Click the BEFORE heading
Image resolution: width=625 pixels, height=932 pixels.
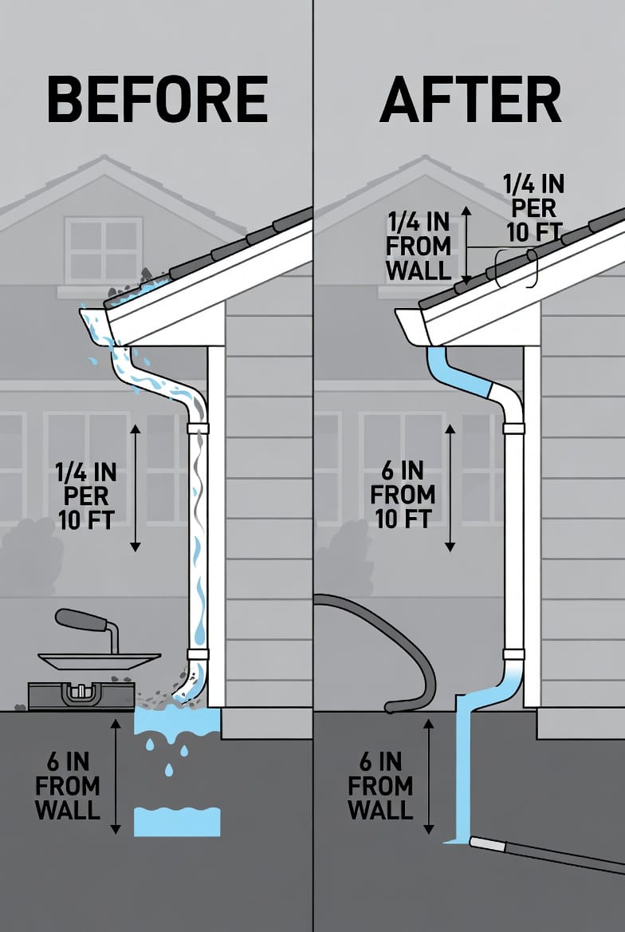click(x=157, y=101)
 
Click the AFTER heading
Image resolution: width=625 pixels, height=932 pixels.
click(x=470, y=101)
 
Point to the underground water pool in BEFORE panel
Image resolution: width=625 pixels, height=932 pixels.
click(x=177, y=821)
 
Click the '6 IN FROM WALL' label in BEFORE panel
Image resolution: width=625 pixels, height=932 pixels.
click(x=68, y=786)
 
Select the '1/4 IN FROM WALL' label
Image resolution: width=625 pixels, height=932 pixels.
click(x=419, y=246)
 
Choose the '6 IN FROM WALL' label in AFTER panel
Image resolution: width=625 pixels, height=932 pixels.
click(x=381, y=786)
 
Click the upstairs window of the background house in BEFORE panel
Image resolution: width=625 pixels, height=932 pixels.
click(x=104, y=249)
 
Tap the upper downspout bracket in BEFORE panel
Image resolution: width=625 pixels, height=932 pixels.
click(x=198, y=429)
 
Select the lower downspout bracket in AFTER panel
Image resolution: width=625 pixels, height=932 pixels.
click(x=514, y=654)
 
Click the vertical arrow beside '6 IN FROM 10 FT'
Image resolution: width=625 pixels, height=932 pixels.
click(x=450, y=487)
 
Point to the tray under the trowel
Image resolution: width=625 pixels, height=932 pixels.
click(x=98, y=660)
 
